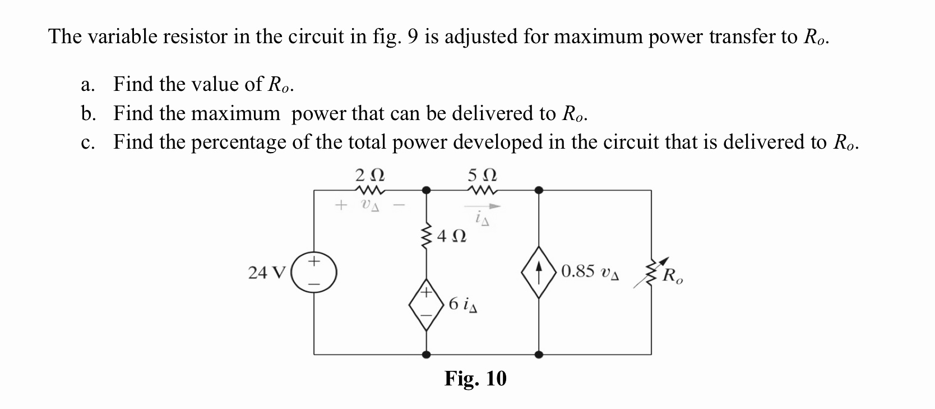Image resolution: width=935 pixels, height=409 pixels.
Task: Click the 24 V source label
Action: tap(266, 273)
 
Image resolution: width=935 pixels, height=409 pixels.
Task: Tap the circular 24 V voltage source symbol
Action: tap(314, 273)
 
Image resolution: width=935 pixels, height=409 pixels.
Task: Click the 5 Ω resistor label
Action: tap(483, 175)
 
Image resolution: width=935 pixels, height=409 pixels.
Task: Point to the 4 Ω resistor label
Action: tap(451, 236)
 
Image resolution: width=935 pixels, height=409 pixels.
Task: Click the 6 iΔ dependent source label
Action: tap(463, 305)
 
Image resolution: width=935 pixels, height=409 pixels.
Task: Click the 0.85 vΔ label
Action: tap(590, 272)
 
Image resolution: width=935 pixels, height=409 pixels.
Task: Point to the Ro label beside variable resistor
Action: tap(672, 276)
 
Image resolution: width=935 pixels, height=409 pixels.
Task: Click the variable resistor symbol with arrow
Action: tap(650, 273)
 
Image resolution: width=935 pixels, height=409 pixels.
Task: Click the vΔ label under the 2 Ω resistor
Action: tap(370, 205)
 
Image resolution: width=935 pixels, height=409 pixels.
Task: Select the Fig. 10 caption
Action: tap(475, 379)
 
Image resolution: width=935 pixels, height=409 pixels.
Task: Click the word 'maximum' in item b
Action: tap(235, 114)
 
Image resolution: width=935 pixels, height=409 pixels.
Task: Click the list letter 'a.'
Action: tap(86, 85)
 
